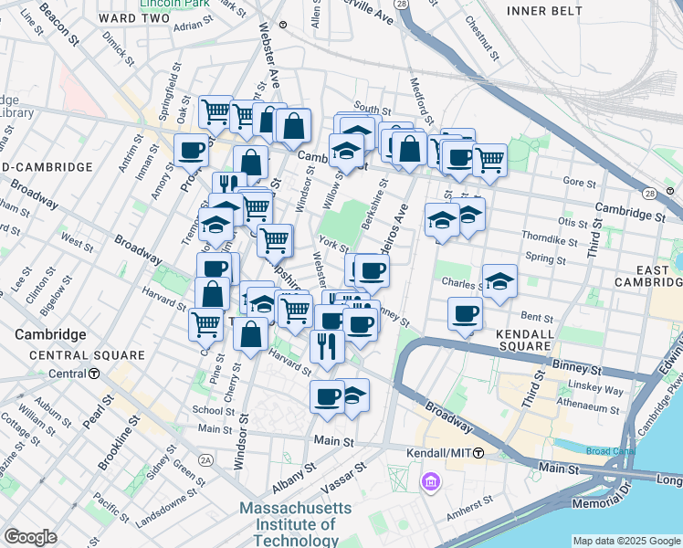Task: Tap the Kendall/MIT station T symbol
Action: click(478, 453)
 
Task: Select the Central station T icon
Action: click(94, 374)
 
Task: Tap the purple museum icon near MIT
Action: click(430, 480)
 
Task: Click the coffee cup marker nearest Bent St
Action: click(465, 314)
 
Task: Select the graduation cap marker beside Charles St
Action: click(499, 281)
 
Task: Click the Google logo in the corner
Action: click(30, 536)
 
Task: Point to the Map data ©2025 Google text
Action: click(625, 541)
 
